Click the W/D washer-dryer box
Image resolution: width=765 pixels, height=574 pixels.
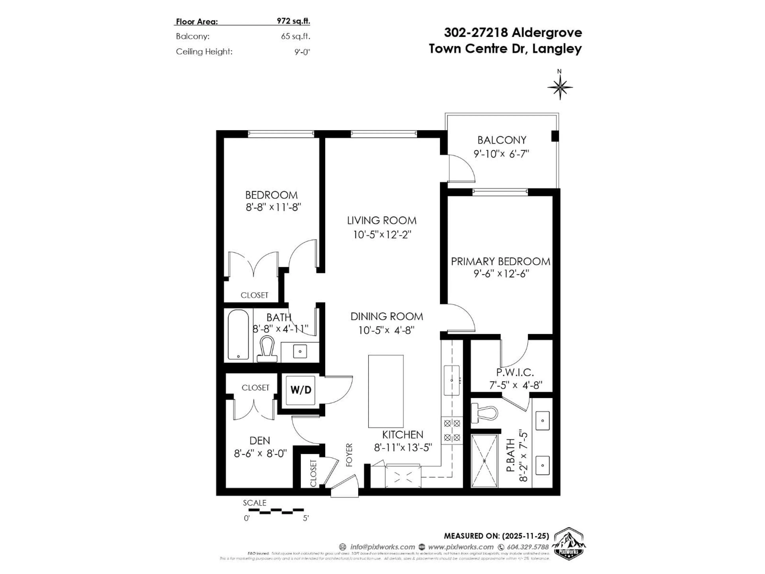[301, 390]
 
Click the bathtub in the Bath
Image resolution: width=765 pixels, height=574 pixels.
[238, 334]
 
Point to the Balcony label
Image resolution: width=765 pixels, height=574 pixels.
[501, 140]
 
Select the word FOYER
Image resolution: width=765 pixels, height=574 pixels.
[349, 455]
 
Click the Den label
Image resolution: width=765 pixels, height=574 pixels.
[260, 440]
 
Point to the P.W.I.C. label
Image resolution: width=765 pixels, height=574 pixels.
[515, 372]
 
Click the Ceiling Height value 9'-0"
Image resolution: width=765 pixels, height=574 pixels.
[302, 52]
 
